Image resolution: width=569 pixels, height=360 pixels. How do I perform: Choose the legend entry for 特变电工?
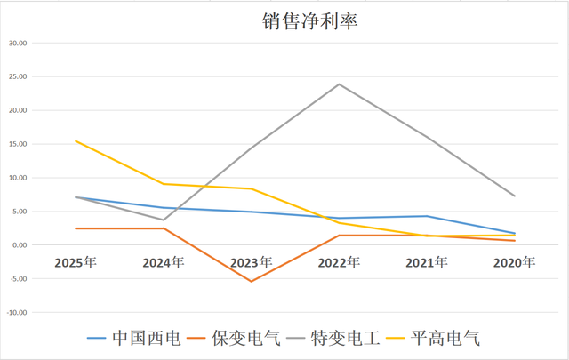[x=346, y=339]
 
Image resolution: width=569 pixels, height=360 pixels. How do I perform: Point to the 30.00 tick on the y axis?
[x=17, y=43]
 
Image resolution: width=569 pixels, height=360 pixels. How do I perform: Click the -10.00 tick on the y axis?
[x=17, y=313]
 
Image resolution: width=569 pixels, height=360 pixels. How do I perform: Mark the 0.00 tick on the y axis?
[x=19, y=245]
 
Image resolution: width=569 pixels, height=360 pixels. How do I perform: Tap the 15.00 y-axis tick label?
[x=17, y=144]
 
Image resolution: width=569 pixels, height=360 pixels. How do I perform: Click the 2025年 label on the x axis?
[x=76, y=263]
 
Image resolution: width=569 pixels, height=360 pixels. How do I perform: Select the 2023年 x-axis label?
[x=252, y=263]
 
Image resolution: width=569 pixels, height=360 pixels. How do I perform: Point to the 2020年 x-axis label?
[x=515, y=263]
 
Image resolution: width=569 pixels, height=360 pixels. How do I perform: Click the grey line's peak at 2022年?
[x=339, y=84]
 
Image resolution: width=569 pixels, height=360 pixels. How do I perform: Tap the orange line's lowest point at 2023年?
[x=252, y=282]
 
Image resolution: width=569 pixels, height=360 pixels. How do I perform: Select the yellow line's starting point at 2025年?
[x=76, y=140]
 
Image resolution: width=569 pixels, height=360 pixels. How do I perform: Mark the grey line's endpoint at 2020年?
[x=515, y=196]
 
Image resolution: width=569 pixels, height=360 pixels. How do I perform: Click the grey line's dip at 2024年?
[x=164, y=220]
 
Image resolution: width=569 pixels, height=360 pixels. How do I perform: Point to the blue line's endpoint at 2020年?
[x=515, y=233]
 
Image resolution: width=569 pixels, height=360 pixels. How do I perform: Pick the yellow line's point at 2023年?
[x=252, y=188]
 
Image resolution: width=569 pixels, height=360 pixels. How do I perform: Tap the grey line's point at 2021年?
[x=427, y=137]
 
